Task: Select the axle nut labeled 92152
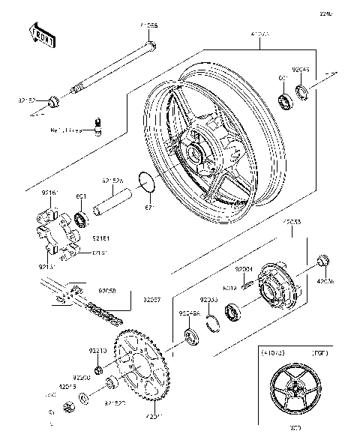53,100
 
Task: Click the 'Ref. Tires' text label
67,130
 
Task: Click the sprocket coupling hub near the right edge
276,288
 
